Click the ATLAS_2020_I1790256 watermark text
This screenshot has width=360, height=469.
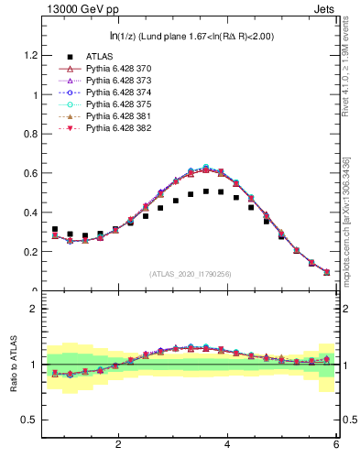pos(191,274)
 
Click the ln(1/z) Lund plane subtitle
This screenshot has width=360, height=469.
pos(191,36)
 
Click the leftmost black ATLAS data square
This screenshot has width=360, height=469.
pos(55,230)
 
